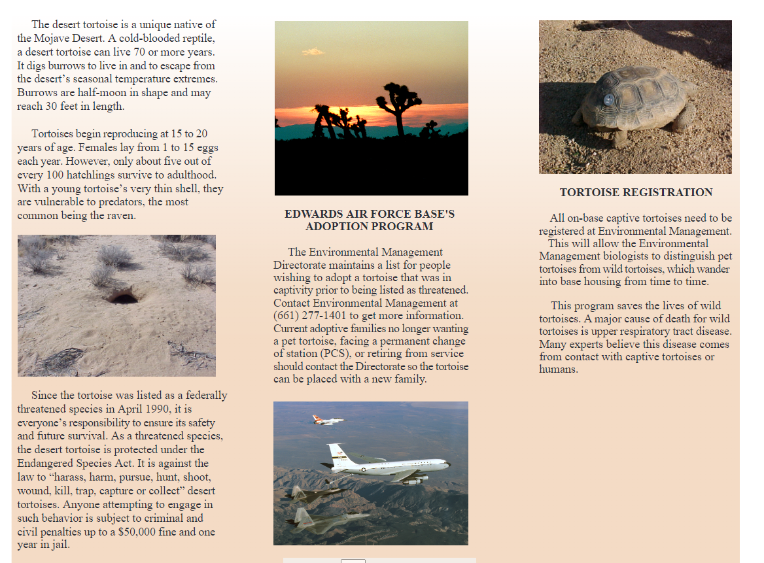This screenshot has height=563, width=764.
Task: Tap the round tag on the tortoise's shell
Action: pyautogui.click(x=608, y=100)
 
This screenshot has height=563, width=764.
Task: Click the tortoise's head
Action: pyautogui.click(x=685, y=87)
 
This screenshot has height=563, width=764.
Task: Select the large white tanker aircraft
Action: pyautogui.click(x=386, y=466)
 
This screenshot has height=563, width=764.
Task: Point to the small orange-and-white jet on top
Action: pyautogui.click(x=327, y=419)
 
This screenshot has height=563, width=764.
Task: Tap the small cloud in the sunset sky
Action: pyautogui.click(x=313, y=52)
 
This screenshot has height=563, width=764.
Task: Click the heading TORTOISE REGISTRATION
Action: pyautogui.click(x=636, y=192)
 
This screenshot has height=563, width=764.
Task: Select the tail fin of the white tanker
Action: pyautogui.click(x=338, y=452)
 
